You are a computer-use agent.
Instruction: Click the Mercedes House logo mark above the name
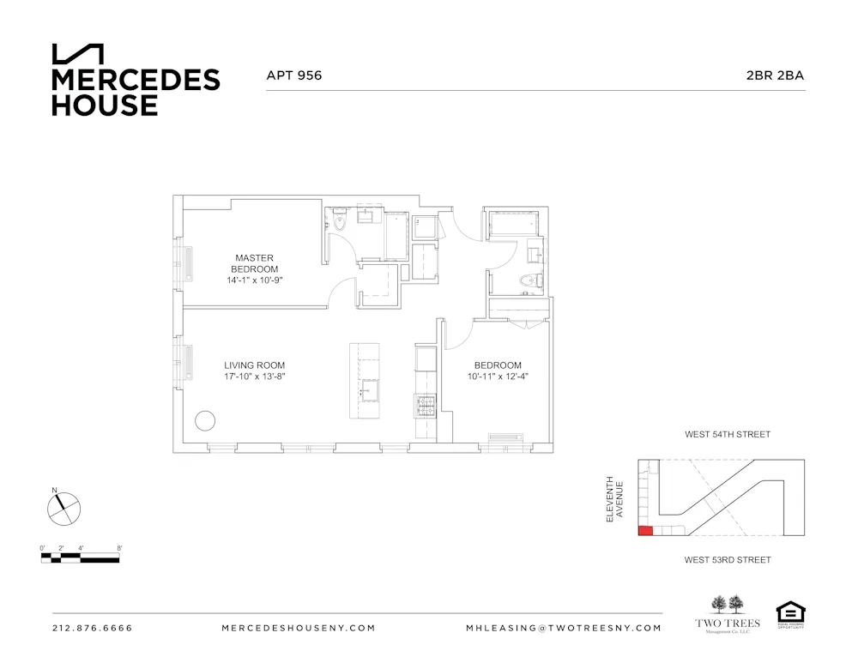tap(78, 53)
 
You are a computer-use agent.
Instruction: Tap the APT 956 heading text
tap(294, 75)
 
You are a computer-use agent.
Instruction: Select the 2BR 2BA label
tap(775, 75)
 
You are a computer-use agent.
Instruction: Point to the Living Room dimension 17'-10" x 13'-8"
tap(254, 376)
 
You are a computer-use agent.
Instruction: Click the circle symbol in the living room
tap(205, 420)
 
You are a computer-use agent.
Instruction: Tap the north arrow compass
tap(63, 508)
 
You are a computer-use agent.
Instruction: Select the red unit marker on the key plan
tap(645, 530)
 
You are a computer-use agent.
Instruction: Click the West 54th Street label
tap(727, 435)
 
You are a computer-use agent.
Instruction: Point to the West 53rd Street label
tap(727, 560)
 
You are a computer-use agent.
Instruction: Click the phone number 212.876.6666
tap(93, 628)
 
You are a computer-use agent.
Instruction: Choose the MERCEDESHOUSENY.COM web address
tap(298, 628)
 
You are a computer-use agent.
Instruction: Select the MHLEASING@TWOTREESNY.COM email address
tap(563, 628)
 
